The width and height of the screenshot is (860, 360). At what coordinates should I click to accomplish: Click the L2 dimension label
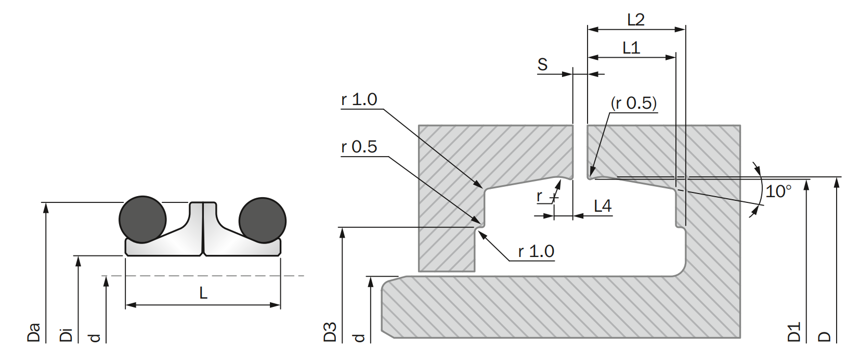635,20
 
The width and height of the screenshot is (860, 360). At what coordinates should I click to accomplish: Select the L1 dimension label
631,48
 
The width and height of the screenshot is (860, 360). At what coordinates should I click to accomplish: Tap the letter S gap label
542,65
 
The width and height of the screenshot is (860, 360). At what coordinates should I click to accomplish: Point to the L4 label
602,206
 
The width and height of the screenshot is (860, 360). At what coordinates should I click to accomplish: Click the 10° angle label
778,191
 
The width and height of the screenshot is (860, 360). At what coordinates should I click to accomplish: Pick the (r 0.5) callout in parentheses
633,103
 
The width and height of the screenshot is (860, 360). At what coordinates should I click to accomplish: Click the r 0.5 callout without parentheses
359,147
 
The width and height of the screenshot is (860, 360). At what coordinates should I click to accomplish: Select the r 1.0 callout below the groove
536,251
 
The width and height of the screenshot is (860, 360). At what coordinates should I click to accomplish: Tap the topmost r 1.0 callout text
359,99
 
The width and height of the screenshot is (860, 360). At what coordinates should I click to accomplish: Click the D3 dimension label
330,332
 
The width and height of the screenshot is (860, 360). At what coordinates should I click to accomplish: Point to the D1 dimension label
794,332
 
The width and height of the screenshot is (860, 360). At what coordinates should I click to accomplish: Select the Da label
34,332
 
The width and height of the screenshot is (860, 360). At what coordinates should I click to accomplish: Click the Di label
66,335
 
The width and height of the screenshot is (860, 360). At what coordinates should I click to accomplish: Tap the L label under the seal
203,293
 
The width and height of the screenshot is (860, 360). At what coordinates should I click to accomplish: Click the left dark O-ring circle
142,220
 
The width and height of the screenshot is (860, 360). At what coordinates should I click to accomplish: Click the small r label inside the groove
540,196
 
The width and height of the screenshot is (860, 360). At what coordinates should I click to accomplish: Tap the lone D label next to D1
825,336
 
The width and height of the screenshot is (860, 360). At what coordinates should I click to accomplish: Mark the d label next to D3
359,338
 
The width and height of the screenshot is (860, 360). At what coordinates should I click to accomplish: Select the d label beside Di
95,338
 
